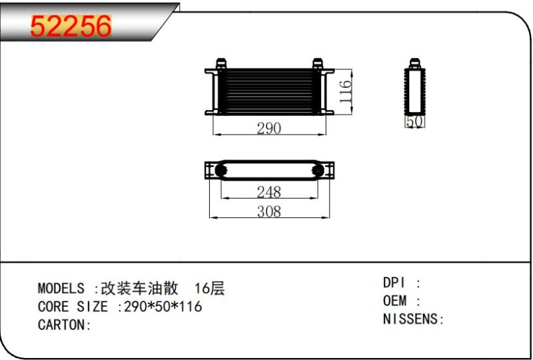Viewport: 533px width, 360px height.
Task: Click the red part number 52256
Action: pyautogui.click(x=71, y=26)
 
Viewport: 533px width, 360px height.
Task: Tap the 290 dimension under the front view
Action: pyautogui.click(x=269, y=128)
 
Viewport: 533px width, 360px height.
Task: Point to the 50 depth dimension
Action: pyautogui.click(x=414, y=121)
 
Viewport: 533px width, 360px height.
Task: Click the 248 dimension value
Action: pyautogui.click(x=269, y=192)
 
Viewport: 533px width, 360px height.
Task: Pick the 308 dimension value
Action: pyautogui.click(x=269, y=211)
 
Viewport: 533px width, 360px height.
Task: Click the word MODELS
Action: pyautogui.click(x=61, y=289)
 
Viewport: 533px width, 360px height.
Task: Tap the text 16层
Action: pyautogui.click(x=209, y=289)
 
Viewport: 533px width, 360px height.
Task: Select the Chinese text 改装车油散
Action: pyautogui.click(x=140, y=289)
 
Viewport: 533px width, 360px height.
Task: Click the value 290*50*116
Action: pyautogui.click(x=163, y=307)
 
